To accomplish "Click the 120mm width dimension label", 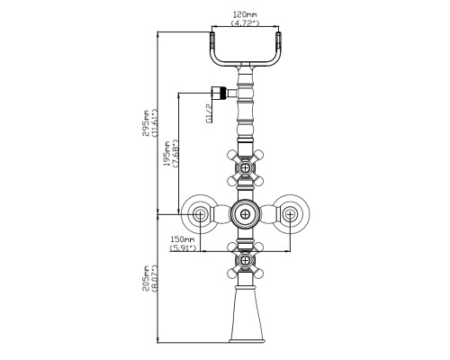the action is tap(245, 14).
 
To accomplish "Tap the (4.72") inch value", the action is tap(245, 22).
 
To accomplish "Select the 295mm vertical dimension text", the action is tap(146, 123).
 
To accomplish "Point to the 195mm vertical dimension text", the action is tap(166, 153).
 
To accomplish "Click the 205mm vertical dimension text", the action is tap(146, 278).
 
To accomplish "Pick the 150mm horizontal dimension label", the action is tap(183, 239).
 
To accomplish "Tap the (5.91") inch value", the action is tap(183, 248).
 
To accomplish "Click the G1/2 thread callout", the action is tap(210, 113).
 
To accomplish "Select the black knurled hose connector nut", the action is tap(222, 93).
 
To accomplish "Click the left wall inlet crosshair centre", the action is tap(199, 214).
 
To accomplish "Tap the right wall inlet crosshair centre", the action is tap(290, 214).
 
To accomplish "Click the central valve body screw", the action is tap(246, 214).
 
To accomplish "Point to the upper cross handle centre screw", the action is tap(246, 167).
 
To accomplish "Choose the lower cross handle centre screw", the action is tap(246, 260).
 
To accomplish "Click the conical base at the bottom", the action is tap(246, 314).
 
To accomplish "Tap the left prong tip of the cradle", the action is tap(211, 33).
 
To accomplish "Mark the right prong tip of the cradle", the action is tap(278, 33).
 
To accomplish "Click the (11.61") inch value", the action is tap(155, 123).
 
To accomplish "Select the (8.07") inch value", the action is tap(155, 278).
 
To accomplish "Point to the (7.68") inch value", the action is tap(175, 153).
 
